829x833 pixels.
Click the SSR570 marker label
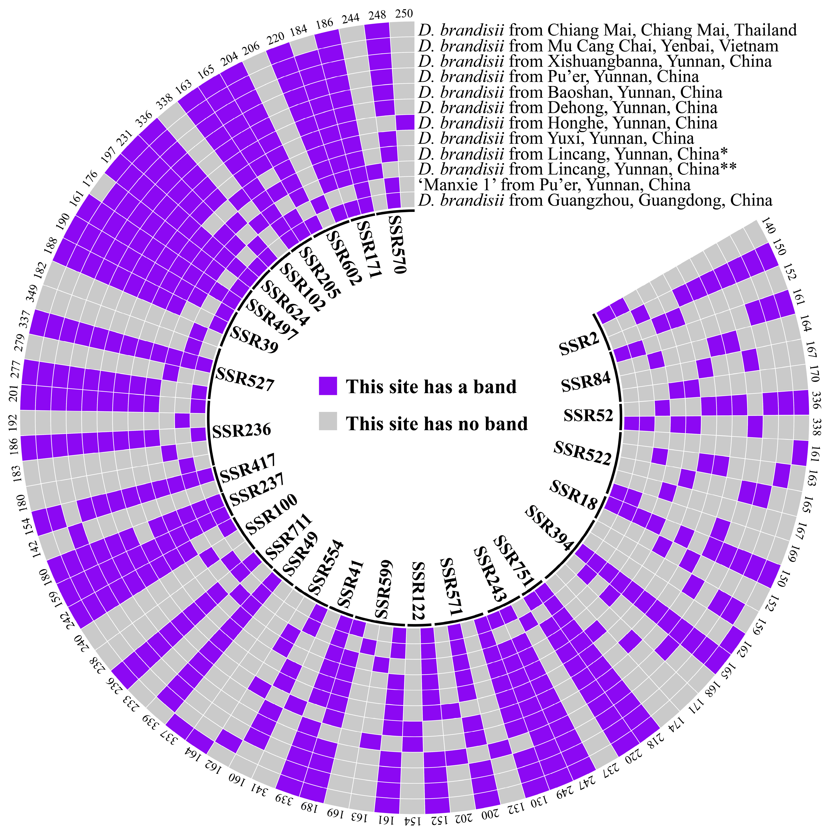[397, 245]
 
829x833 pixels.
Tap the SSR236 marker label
[241, 430]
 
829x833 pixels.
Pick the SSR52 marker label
[588, 415]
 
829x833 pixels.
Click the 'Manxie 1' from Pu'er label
[554, 185]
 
